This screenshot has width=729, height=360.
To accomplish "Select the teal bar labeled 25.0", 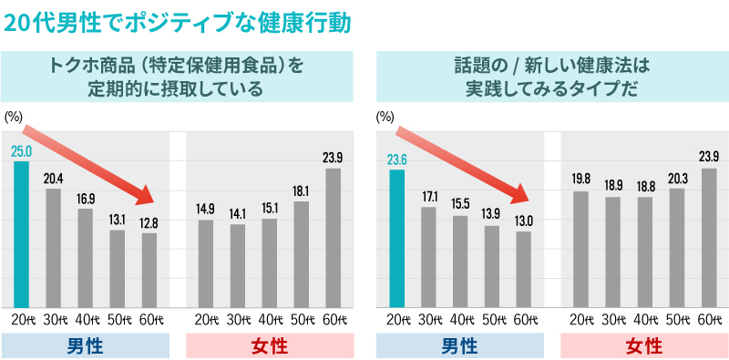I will [22, 233].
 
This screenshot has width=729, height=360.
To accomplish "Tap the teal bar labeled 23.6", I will [396, 238].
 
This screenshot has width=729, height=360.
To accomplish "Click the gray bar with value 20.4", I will [54, 247].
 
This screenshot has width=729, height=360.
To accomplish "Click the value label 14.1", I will [237, 214].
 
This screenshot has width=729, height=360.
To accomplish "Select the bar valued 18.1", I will [301, 253].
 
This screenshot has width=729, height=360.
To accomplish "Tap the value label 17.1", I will [428, 196].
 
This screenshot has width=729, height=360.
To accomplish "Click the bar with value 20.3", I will [676, 247].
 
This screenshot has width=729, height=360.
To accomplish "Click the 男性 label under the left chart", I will [86, 345].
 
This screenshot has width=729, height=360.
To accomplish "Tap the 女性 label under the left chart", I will [269, 345].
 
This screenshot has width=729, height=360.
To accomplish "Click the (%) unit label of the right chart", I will [385, 117].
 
